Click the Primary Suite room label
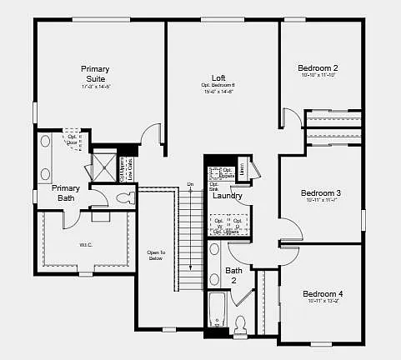[x=95, y=73]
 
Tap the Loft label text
[x=218, y=77]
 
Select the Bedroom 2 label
[x=319, y=67]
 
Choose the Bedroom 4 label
[x=323, y=294]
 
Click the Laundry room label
[x=228, y=196]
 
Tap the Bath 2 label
[x=234, y=275]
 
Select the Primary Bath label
[x=66, y=193]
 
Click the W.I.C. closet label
[x=84, y=245]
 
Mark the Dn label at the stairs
[x=190, y=183]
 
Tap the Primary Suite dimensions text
[x=95, y=87]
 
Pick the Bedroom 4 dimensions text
[x=323, y=302]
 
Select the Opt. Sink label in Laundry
[x=213, y=187]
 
